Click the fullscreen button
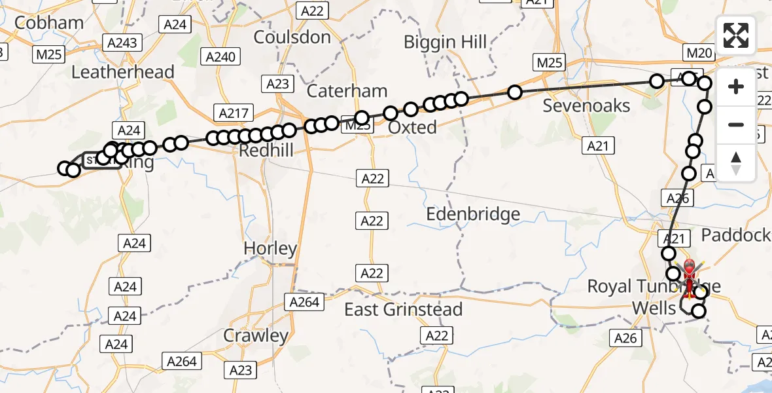point(736,35)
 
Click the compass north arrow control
point(736,163)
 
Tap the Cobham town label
point(48,23)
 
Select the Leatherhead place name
point(122,71)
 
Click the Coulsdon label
point(292,37)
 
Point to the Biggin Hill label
point(445,43)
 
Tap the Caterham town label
point(347,90)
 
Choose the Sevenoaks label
point(586,106)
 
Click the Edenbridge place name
point(473,214)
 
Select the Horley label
point(270,249)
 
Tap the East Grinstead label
point(404,309)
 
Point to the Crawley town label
point(256,335)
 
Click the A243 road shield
point(124,43)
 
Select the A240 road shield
point(220,56)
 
